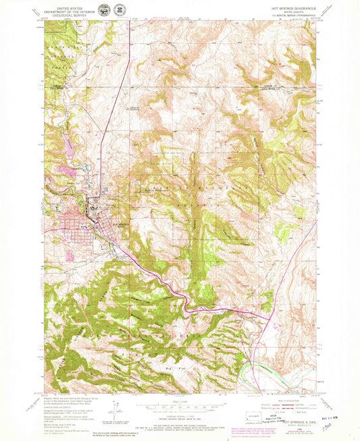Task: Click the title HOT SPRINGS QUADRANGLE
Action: coord(287,6)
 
